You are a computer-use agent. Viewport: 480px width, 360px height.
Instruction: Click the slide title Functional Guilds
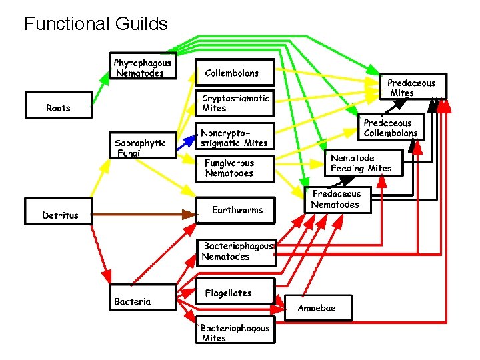click(95, 25)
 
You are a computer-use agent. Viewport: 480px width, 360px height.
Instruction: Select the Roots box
click(58, 105)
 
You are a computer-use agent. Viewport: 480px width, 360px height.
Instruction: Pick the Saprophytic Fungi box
click(143, 145)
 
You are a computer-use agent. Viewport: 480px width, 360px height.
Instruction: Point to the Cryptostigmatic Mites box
click(235, 103)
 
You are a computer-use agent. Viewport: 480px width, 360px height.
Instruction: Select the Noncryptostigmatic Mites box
click(235, 137)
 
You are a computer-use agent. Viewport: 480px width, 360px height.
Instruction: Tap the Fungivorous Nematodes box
click(235, 168)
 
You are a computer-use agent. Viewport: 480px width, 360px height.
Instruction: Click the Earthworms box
click(236, 209)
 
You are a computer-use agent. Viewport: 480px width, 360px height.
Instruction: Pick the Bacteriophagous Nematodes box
click(236, 252)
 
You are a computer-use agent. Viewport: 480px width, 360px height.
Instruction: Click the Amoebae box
click(318, 308)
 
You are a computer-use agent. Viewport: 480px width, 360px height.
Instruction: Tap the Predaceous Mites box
click(413, 87)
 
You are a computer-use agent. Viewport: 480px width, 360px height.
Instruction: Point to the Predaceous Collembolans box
click(391, 127)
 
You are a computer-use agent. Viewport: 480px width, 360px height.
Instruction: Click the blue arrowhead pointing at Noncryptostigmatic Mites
click(191, 139)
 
